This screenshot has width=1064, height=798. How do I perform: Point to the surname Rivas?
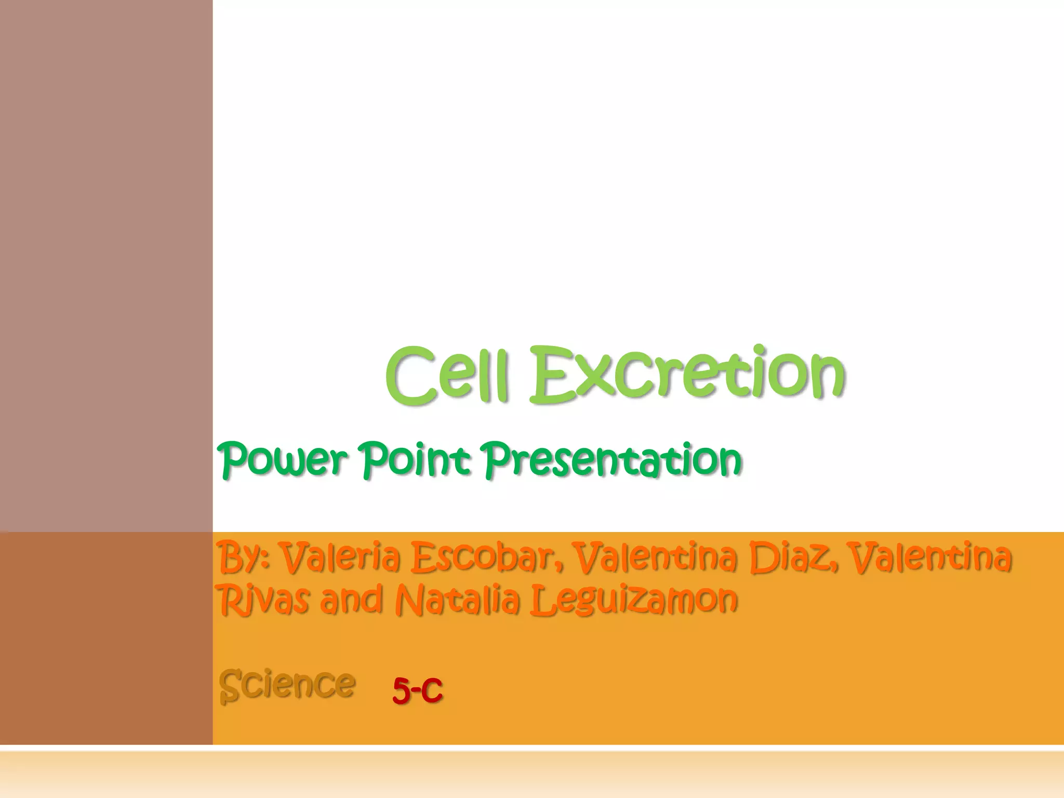click(x=264, y=599)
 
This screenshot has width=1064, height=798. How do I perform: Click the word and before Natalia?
click(x=352, y=599)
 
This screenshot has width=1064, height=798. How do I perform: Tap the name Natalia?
click(x=458, y=599)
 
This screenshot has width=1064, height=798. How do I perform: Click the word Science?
click(x=287, y=684)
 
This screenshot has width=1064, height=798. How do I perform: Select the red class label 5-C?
click(x=417, y=690)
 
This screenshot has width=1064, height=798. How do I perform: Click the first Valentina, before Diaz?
click(x=655, y=557)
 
